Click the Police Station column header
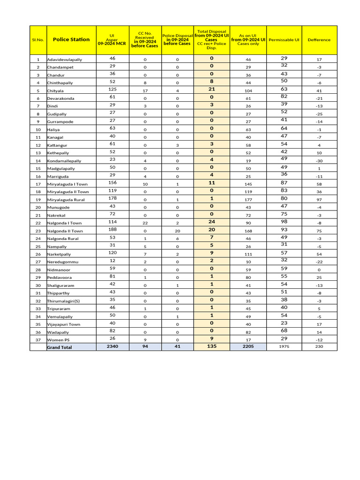71,39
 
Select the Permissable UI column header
284,40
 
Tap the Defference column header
319,40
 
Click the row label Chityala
55,90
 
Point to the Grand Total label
60,347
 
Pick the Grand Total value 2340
112,346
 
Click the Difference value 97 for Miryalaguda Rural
319,200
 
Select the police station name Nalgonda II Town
65,231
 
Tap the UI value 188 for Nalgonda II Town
112,229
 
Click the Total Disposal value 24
211,222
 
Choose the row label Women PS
58,340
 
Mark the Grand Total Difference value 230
319,347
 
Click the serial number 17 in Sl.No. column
38,184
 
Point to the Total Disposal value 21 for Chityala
211,89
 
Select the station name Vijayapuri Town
63,324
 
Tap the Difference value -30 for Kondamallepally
319,161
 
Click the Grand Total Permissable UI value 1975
284,347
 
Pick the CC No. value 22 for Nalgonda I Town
145,223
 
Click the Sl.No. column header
38,40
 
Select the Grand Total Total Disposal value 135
211,346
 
